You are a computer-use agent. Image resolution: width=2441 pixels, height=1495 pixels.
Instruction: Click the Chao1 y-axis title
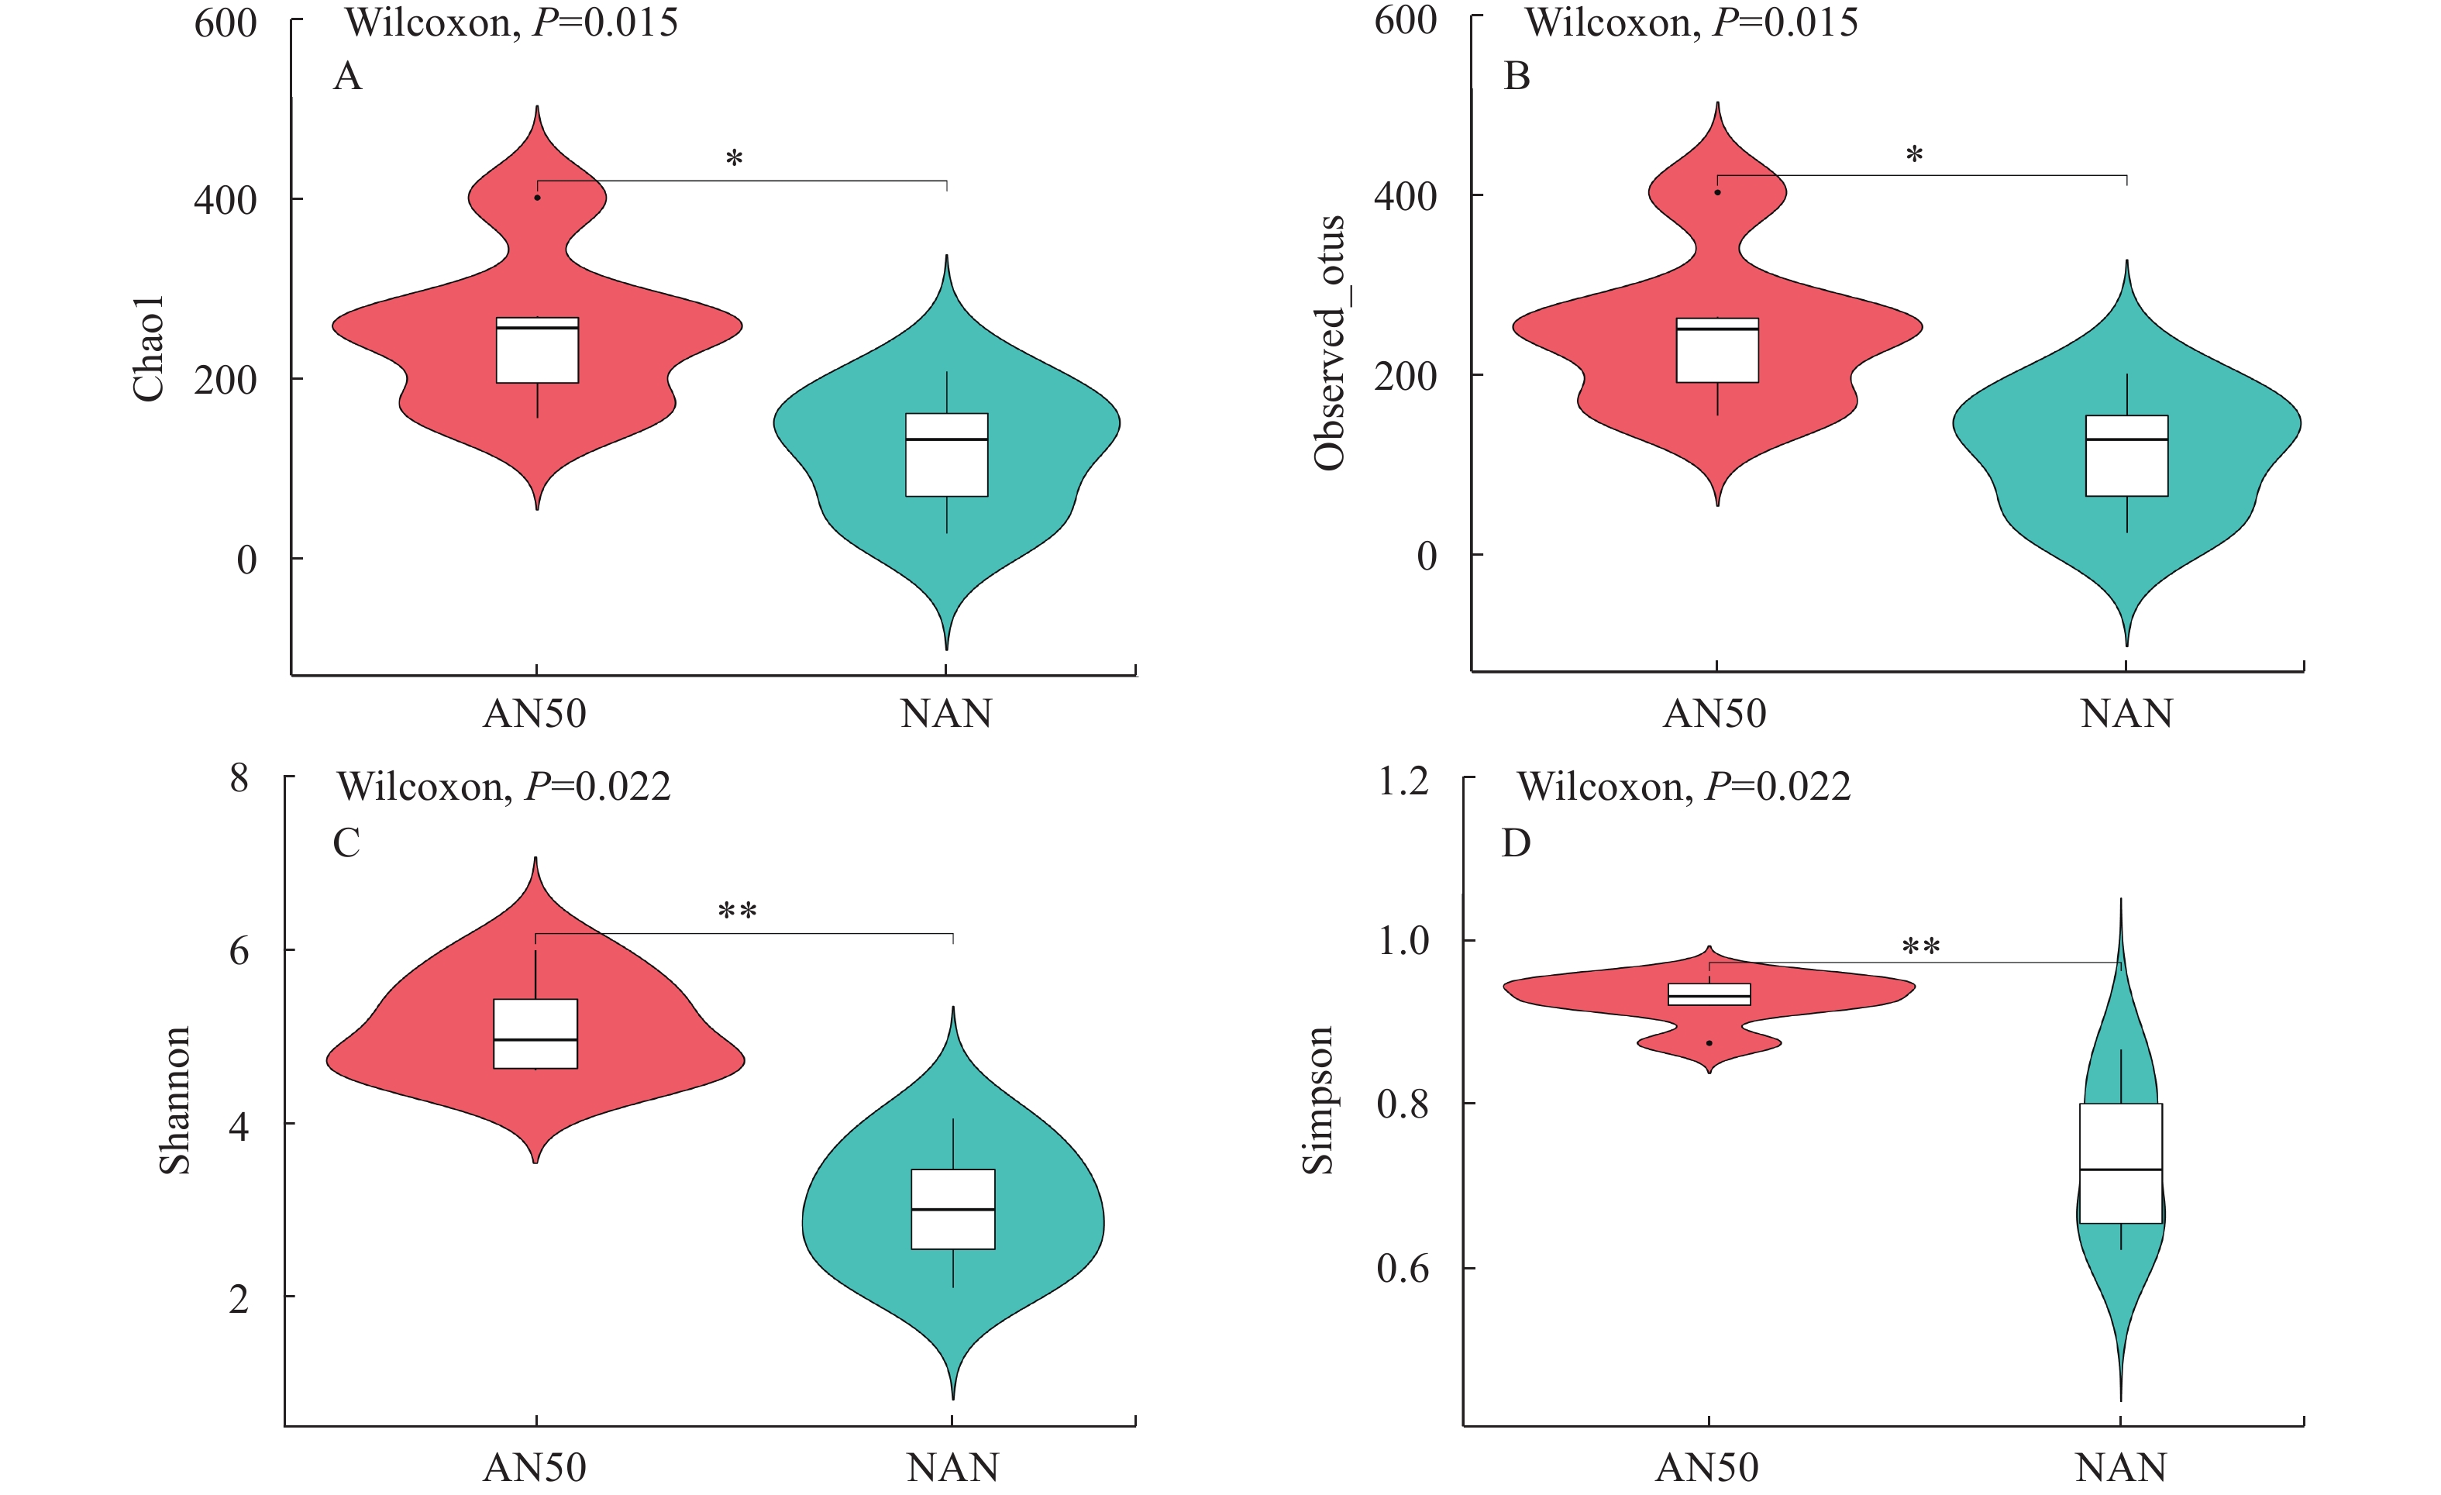(149, 349)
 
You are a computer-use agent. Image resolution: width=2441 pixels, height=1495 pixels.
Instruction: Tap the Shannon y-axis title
(175, 1100)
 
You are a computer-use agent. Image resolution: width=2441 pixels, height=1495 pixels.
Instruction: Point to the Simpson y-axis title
(1317, 1100)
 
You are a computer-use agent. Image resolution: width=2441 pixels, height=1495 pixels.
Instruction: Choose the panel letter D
(1516, 843)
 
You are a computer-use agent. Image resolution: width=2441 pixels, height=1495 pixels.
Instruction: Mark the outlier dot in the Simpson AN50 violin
(1709, 1043)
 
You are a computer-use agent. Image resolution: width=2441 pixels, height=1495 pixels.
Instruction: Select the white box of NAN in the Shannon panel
(952, 1209)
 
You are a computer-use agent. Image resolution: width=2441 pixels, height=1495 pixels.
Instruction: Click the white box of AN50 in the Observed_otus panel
(1716, 351)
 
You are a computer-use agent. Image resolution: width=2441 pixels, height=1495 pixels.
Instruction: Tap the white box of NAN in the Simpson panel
(2120, 1163)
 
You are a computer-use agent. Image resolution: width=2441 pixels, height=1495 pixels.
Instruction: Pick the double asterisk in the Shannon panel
(737, 911)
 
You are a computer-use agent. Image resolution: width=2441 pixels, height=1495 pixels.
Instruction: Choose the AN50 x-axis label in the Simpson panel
(1707, 1467)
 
